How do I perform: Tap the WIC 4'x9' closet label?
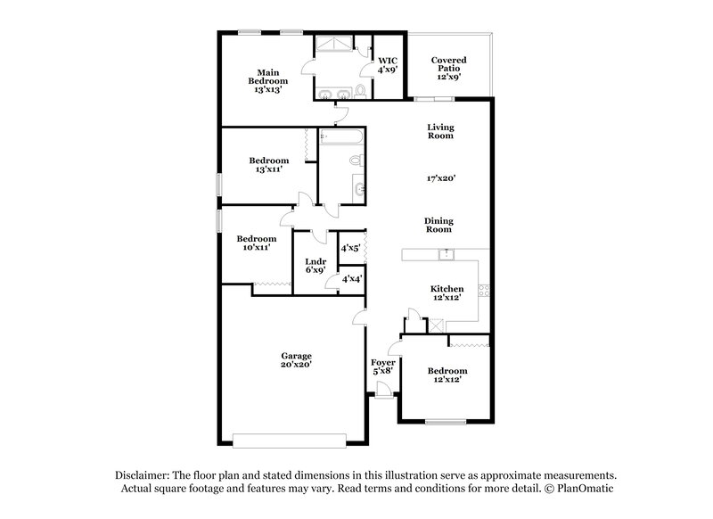click(x=388, y=64)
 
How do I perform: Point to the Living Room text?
click(x=440, y=131)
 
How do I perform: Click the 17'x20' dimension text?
click(x=441, y=178)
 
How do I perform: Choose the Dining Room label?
click(x=438, y=224)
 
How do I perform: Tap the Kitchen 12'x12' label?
click(x=447, y=293)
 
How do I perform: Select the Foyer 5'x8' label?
click(x=382, y=367)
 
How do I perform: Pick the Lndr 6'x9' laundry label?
click(x=316, y=265)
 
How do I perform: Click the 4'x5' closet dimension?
click(x=350, y=248)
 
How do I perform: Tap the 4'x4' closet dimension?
click(x=350, y=279)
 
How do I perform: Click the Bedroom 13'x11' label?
click(x=268, y=166)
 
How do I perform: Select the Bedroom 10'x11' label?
click(x=256, y=243)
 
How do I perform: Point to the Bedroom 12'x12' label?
click(x=447, y=375)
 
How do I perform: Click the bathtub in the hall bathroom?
click(x=341, y=138)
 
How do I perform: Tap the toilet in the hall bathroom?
click(x=356, y=161)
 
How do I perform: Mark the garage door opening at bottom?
click(x=290, y=438)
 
